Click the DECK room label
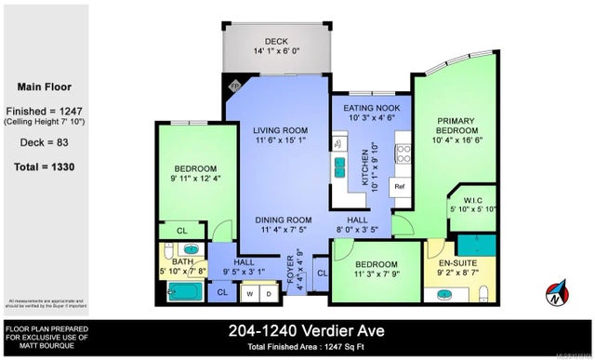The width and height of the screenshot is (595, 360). tap(277, 42)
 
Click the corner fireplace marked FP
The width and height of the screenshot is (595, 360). tap(234, 85)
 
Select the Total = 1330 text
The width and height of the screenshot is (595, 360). tap(46, 167)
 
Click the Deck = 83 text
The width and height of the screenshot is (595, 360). tap(46, 143)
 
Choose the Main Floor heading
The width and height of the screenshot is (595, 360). tap(46, 87)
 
